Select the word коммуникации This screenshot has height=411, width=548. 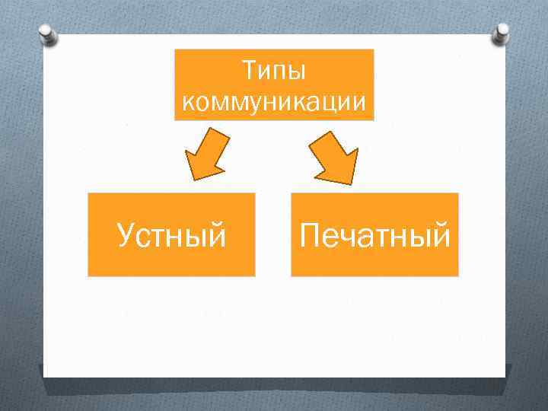[274, 101]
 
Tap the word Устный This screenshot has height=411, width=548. [171, 236]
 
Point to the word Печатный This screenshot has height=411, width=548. [374, 235]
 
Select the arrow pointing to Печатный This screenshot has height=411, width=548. [336, 155]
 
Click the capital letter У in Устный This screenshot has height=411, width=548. [127, 237]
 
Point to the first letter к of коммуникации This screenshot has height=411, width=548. [188, 102]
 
